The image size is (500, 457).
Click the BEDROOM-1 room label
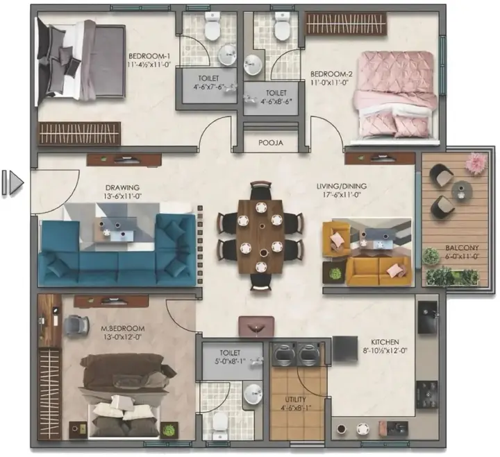(145, 56)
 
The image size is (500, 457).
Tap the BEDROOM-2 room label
(328, 73)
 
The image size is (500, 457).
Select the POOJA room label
(270, 144)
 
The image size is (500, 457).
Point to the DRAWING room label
(123, 187)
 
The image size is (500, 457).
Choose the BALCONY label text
(444, 248)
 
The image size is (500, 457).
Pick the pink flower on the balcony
(475, 163)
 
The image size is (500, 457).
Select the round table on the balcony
(460, 189)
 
